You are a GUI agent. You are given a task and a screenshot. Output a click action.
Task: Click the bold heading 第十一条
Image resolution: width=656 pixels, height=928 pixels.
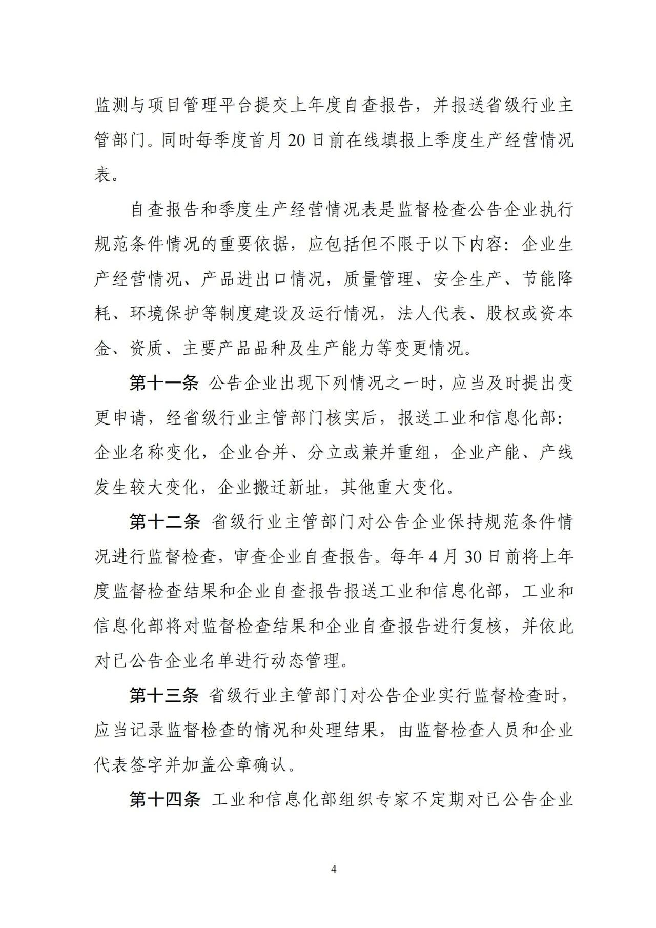163,384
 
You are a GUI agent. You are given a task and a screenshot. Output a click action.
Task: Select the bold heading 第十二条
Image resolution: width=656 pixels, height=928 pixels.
163,522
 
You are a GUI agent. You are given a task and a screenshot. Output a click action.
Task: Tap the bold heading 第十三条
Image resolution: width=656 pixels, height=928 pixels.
163,696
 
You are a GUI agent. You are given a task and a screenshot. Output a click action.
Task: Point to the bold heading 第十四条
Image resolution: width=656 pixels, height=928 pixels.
163,800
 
